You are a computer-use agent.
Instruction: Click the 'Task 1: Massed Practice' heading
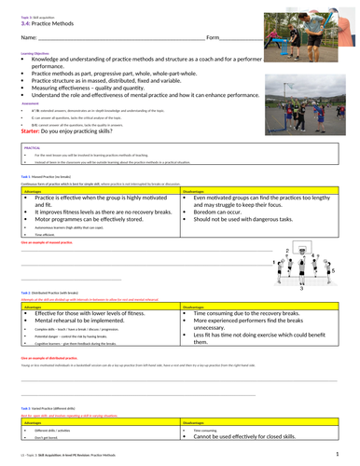coord(47,175)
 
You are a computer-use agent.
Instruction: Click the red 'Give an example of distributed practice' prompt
coord(57,358)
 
